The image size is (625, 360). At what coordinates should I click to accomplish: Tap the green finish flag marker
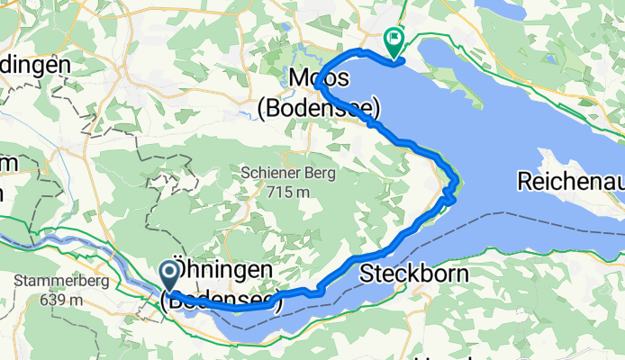point(394,40)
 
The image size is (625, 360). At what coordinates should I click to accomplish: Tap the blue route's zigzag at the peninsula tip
point(450,191)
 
